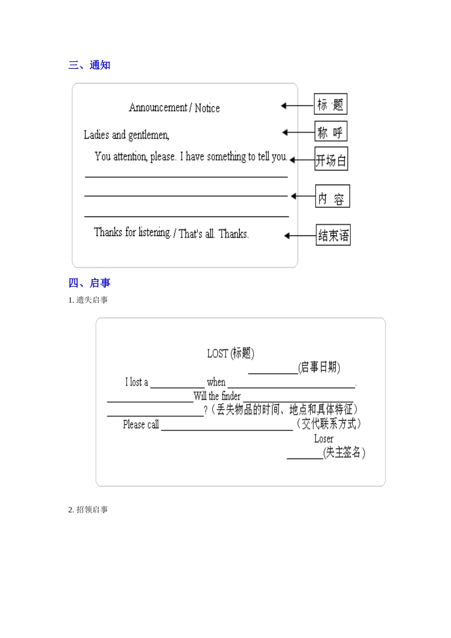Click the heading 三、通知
(x=89, y=65)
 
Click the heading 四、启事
(x=89, y=283)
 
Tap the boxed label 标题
(x=330, y=104)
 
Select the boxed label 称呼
(x=331, y=132)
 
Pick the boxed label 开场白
(x=331, y=159)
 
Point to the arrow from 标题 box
(x=297, y=105)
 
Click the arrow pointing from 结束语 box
(x=300, y=236)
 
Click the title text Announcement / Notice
(x=174, y=108)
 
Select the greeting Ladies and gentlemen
(x=126, y=135)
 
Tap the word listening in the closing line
(x=154, y=232)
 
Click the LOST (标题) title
(x=231, y=353)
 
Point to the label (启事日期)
(x=319, y=367)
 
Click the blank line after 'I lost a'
(x=178, y=386)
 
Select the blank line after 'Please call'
(x=227, y=429)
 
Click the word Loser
(x=324, y=439)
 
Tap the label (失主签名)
(x=344, y=453)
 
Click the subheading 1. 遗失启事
(x=88, y=300)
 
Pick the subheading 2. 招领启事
(x=88, y=510)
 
